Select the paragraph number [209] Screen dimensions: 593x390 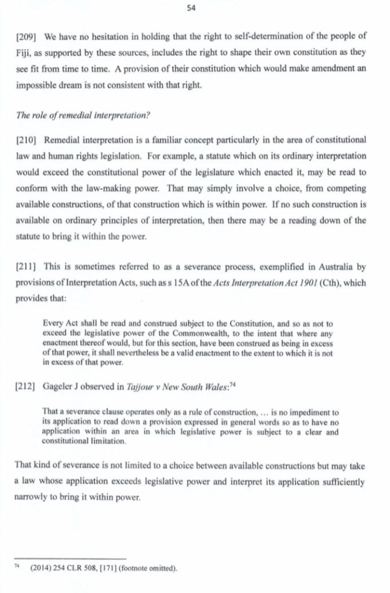26,36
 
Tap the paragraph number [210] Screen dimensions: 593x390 26,140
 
